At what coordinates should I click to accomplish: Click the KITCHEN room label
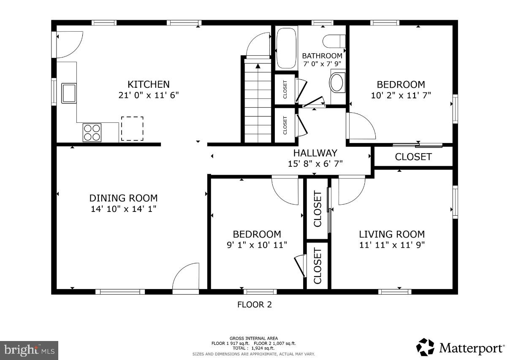pyautogui.click(x=149, y=84)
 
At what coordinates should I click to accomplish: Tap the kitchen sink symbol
pyautogui.click(x=69, y=93)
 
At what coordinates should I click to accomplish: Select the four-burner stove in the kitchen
pyautogui.click(x=92, y=132)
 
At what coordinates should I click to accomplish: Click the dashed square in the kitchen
pyautogui.click(x=132, y=129)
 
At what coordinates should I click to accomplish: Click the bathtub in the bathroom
pyautogui.click(x=287, y=48)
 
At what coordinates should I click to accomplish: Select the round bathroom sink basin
pyautogui.click(x=337, y=83)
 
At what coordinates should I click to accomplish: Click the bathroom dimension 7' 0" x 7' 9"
pyautogui.click(x=322, y=64)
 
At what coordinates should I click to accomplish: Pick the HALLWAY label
pyautogui.click(x=315, y=153)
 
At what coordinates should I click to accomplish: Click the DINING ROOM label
pyautogui.click(x=123, y=198)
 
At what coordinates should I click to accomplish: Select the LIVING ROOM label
pyautogui.click(x=392, y=234)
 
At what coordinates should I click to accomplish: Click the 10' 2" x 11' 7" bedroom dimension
pyautogui.click(x=401, y=95)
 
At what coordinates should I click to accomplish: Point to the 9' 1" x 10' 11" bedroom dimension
pyautogui.click(x=257, y=244)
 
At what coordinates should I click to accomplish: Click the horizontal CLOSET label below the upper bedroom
pyautogui.click(x=413, y=157)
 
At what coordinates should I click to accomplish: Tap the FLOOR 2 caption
pyautogui.click(x=255, y=304)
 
